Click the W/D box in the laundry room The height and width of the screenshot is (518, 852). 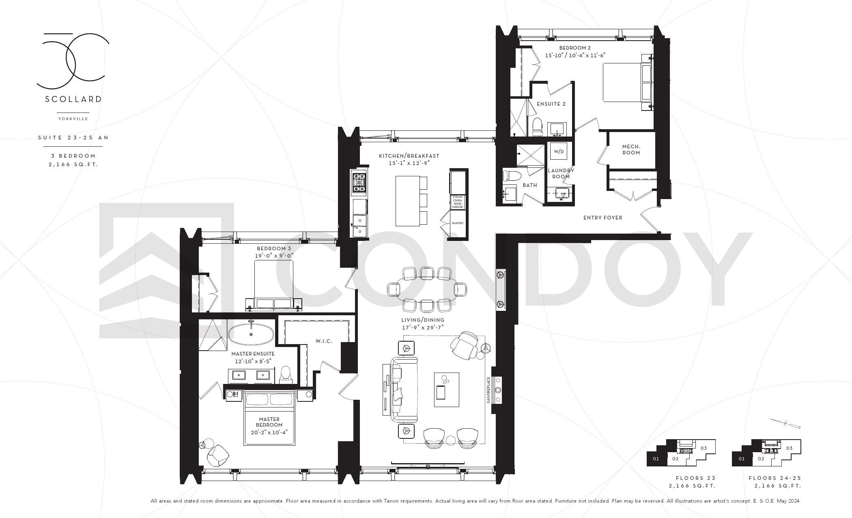click(559, 151)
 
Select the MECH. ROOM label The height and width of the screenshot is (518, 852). click(631, 150)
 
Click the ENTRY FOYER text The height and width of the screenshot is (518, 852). click(602, 218)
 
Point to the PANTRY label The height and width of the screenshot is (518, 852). click(457, 223)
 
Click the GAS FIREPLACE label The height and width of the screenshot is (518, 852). click(488, 390)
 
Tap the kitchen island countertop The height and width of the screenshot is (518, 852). click(408, 201)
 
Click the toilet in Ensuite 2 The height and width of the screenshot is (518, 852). click(537, 126)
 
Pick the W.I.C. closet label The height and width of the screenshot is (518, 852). click(324, 341)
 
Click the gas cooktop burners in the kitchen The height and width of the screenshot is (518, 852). click(359, 182)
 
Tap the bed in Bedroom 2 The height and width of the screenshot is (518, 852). click(627, 82)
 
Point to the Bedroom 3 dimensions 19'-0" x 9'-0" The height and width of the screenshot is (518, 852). click(274, 256)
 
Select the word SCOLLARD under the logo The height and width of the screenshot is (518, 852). click(73, 99)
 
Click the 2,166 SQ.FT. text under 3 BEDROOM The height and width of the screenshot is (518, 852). click(73, 165)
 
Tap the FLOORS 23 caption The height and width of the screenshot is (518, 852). click(696, 478)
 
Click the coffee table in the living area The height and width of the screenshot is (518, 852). click(446, 390)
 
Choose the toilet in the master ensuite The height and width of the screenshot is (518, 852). click(286, 375)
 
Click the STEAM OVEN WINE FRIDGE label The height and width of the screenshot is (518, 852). click(457, 202)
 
